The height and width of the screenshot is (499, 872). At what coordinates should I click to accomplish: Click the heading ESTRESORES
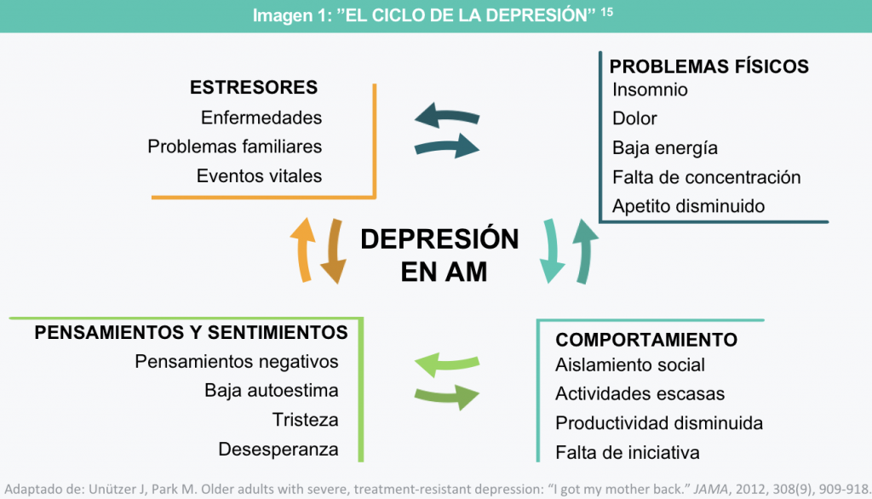254,88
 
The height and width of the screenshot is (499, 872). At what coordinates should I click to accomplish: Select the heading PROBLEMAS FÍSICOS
708,66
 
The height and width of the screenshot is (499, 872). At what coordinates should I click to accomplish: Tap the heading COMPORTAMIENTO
646,340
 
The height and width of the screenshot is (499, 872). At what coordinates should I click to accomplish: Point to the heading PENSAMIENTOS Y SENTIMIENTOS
191,332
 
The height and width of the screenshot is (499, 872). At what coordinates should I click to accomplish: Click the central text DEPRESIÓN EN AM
439,255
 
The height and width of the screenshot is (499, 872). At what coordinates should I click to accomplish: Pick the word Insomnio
650,89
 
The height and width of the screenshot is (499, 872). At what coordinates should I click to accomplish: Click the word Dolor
634,118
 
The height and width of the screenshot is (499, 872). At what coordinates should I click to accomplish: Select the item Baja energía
665,147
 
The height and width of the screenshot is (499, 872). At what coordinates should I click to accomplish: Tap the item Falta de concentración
707,177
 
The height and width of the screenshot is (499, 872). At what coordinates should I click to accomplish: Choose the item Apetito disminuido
688,206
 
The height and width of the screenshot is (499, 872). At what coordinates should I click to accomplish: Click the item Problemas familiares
235,146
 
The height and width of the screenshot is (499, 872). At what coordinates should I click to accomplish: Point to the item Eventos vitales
259,176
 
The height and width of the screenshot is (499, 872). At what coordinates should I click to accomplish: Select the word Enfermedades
261,118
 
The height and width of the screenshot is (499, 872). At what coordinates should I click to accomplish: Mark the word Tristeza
305,420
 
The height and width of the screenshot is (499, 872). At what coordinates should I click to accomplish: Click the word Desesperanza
278,449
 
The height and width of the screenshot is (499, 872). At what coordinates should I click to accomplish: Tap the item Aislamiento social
630,365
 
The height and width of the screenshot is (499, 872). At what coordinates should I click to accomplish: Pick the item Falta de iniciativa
627,452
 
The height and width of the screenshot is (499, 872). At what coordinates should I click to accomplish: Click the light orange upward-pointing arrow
302,249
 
